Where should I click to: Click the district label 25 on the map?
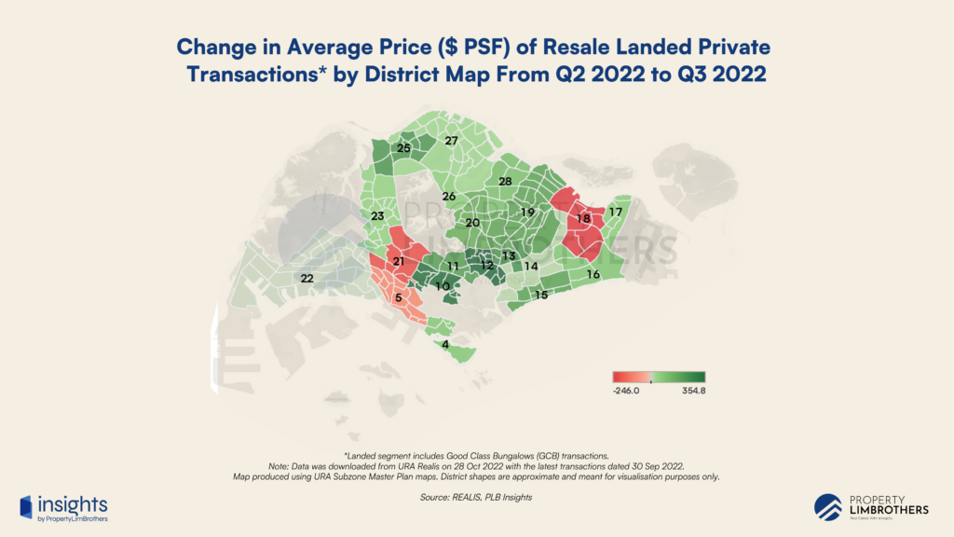tap(403, 148)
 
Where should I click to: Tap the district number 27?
tap(451, 141)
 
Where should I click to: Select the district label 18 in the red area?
tap(583, 218)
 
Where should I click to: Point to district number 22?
tap(307, 278)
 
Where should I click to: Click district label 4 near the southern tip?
tap(445, 344)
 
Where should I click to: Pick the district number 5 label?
tap(399, 298)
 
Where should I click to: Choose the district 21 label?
tap(398, 262)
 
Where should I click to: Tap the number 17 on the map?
tap(615, 213)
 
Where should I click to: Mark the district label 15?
tap(540, 295)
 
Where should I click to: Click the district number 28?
tap(505, 181)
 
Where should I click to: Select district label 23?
tap(377, 216)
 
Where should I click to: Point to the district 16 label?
tap(593, 274)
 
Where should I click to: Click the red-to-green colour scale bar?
tap(658, 376)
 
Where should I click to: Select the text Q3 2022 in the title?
tap(726, 75)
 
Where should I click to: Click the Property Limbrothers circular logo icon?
tap(828, 506)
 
